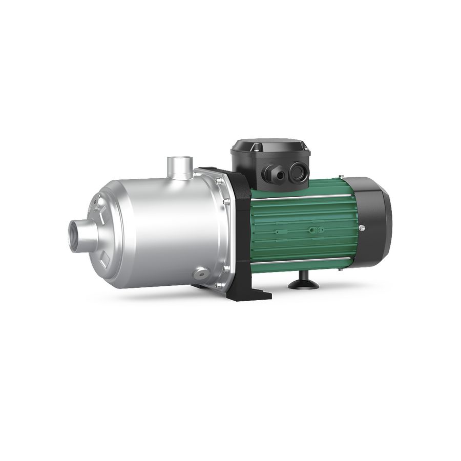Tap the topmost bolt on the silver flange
(x=219, y=181)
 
